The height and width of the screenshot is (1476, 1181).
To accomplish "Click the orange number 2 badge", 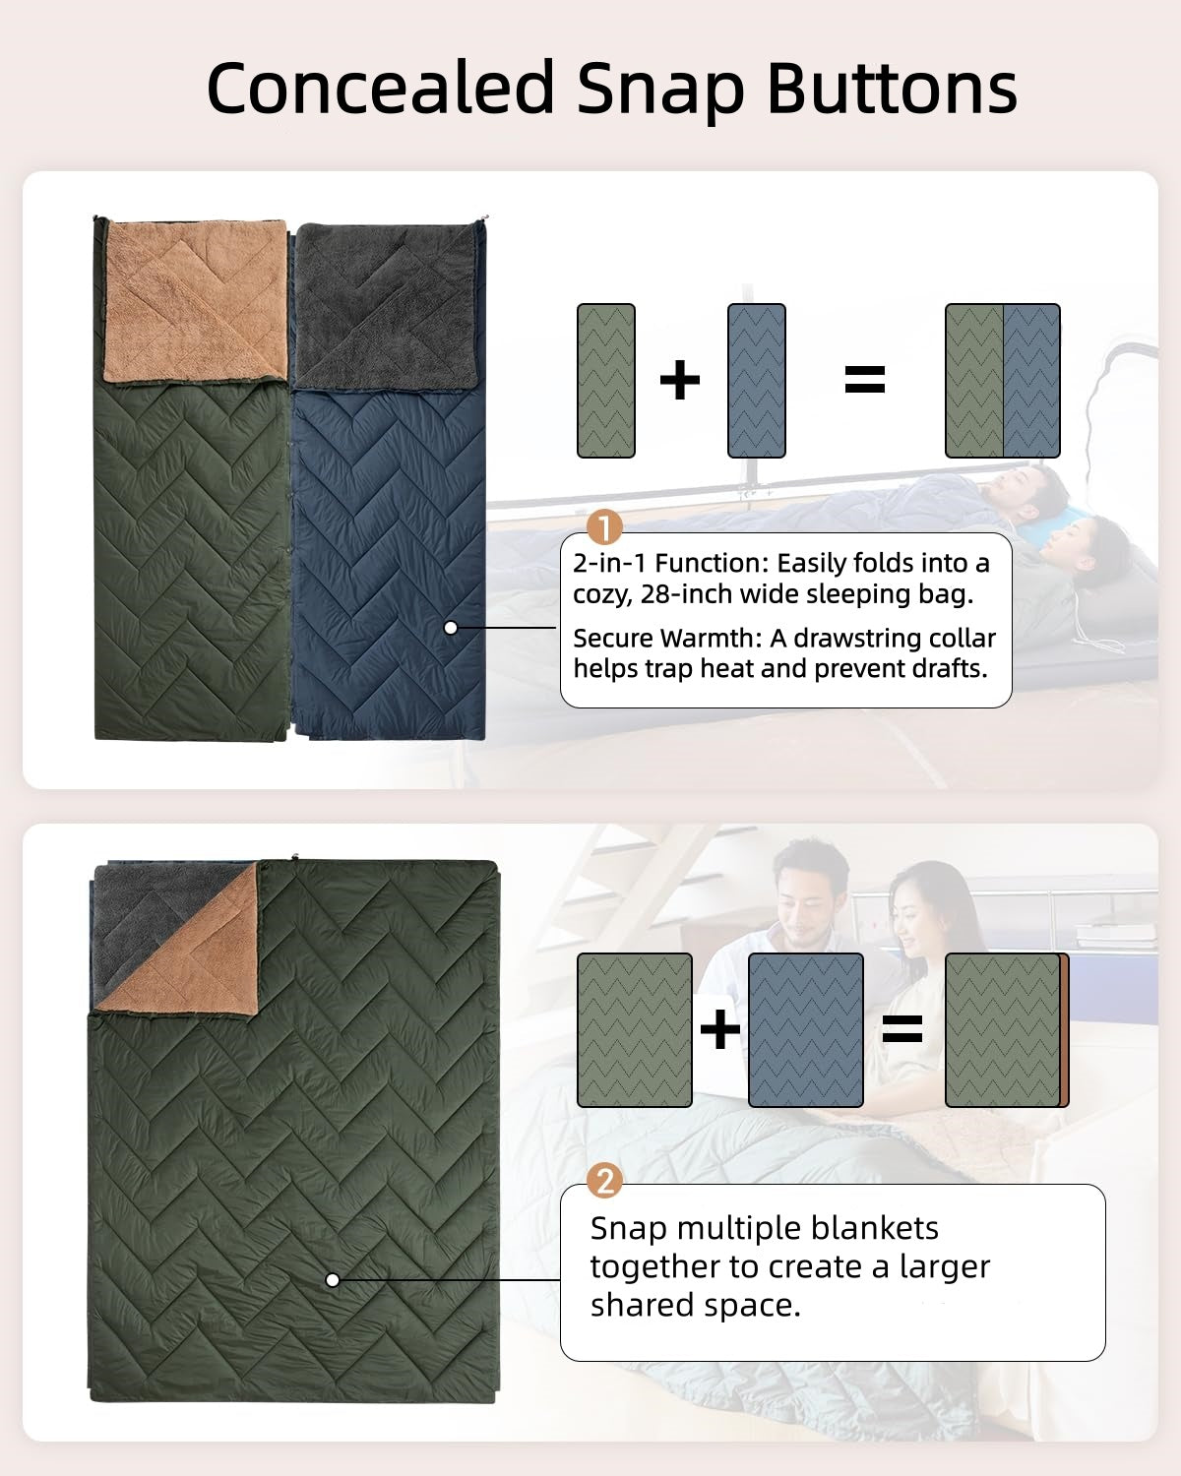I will (604, 1180).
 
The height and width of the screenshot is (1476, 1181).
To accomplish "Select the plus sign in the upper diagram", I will (679, 380).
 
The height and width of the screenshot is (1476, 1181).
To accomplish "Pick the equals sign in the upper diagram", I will (865, 380).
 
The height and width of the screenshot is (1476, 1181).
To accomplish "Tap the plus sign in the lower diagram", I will (719, 1030).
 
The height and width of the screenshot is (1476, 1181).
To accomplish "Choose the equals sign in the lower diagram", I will (901, 1030).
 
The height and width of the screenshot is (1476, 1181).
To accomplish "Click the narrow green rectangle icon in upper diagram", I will (605, 381).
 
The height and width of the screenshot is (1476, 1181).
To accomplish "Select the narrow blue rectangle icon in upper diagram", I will (757, 381).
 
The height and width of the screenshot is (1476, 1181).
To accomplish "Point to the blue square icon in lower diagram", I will (806, 1030).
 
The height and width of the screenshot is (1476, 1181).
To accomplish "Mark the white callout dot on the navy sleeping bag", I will (451, 627).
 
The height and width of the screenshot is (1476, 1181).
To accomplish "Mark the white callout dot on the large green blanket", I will (333, 1279).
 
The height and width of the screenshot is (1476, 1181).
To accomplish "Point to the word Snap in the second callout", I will (628, 1228).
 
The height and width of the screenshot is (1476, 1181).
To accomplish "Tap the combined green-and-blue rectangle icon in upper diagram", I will (1002, 381).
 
